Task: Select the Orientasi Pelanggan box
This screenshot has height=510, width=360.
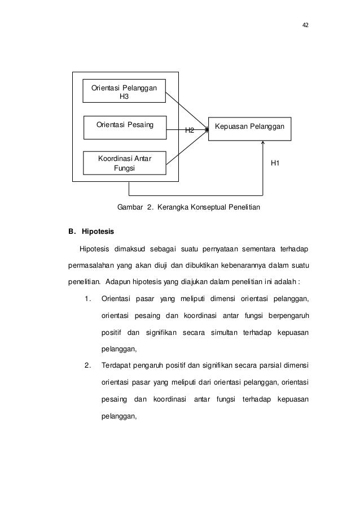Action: [x=124, y=90]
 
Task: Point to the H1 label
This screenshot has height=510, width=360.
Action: [x=275, y=163]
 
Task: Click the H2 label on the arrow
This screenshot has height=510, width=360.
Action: [x=190, y=130]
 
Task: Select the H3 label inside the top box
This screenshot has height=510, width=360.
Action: [x=124, y=96]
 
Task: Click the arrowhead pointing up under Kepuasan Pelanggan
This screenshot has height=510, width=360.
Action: [x=263, y=143]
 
